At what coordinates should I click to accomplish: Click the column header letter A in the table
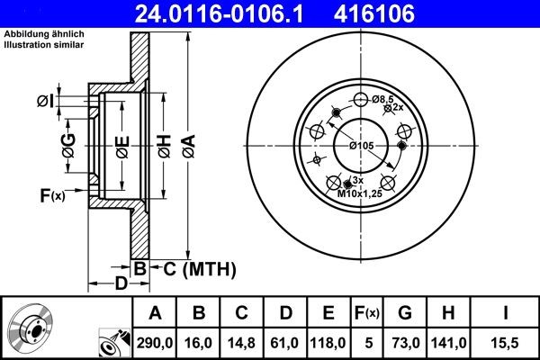pyautogui.click(x=155, y=313)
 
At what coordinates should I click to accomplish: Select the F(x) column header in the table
pyautogui.click(x=366, y=313)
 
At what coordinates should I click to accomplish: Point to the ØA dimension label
pyautogui.click(x=187, y=145)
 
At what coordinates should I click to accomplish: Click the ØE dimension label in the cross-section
pyautogui.click(x=122, y=145)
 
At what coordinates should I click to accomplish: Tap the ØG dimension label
pyautogui.click(x=67, y=143)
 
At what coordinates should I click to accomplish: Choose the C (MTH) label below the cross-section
pyautogui.click(x=199, y=268)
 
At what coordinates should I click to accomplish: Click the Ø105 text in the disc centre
pyautogui.click(x=361, y=146)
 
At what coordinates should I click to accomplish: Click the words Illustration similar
pyautogui.click(x=44, y=42)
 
